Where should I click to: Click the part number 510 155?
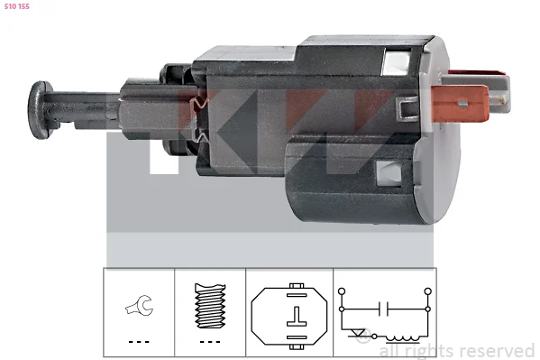pos(17,6)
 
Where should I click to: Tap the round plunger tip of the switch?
pos(39,110)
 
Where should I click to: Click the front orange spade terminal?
pos(460,104)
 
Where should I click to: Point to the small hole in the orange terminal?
pos(462,104)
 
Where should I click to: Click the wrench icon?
pos(140,305)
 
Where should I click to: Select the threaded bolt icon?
pos(210,306)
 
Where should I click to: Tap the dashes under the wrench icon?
pos(139,342)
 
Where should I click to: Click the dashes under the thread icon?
pos(210,342)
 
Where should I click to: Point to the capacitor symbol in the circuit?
pos(383,309)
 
